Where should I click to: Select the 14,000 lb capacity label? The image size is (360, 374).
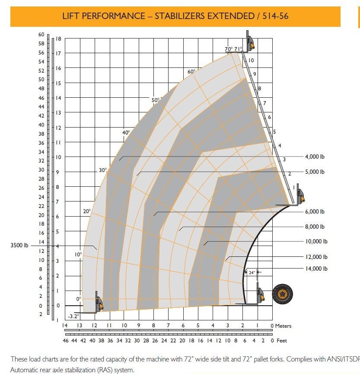316,269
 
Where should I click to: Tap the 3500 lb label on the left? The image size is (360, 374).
19,246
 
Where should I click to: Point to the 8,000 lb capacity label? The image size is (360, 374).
315,227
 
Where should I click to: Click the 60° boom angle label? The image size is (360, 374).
191,71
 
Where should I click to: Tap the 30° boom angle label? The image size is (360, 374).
102,170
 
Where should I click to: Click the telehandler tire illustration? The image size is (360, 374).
283,295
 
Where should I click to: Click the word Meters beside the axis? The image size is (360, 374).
284,326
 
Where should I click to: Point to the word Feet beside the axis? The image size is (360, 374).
282,341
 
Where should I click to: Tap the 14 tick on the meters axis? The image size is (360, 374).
65,326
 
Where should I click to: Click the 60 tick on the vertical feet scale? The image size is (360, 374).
41,35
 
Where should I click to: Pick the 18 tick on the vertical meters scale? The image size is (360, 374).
58,39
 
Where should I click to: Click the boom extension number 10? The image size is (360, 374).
251,61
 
